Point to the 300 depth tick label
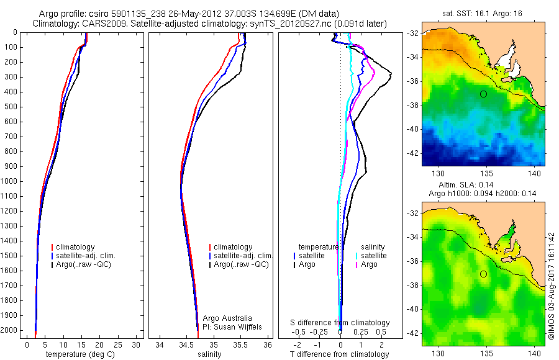tap(11, 77)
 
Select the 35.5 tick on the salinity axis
tap(241, 344)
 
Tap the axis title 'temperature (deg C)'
tap(81, 354)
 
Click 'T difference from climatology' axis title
tap(340, 354)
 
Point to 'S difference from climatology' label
tap(340, 323)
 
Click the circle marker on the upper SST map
tap(483, 94)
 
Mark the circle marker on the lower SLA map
tap(483, 274)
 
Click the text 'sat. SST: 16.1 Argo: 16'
tap(483, 12)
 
